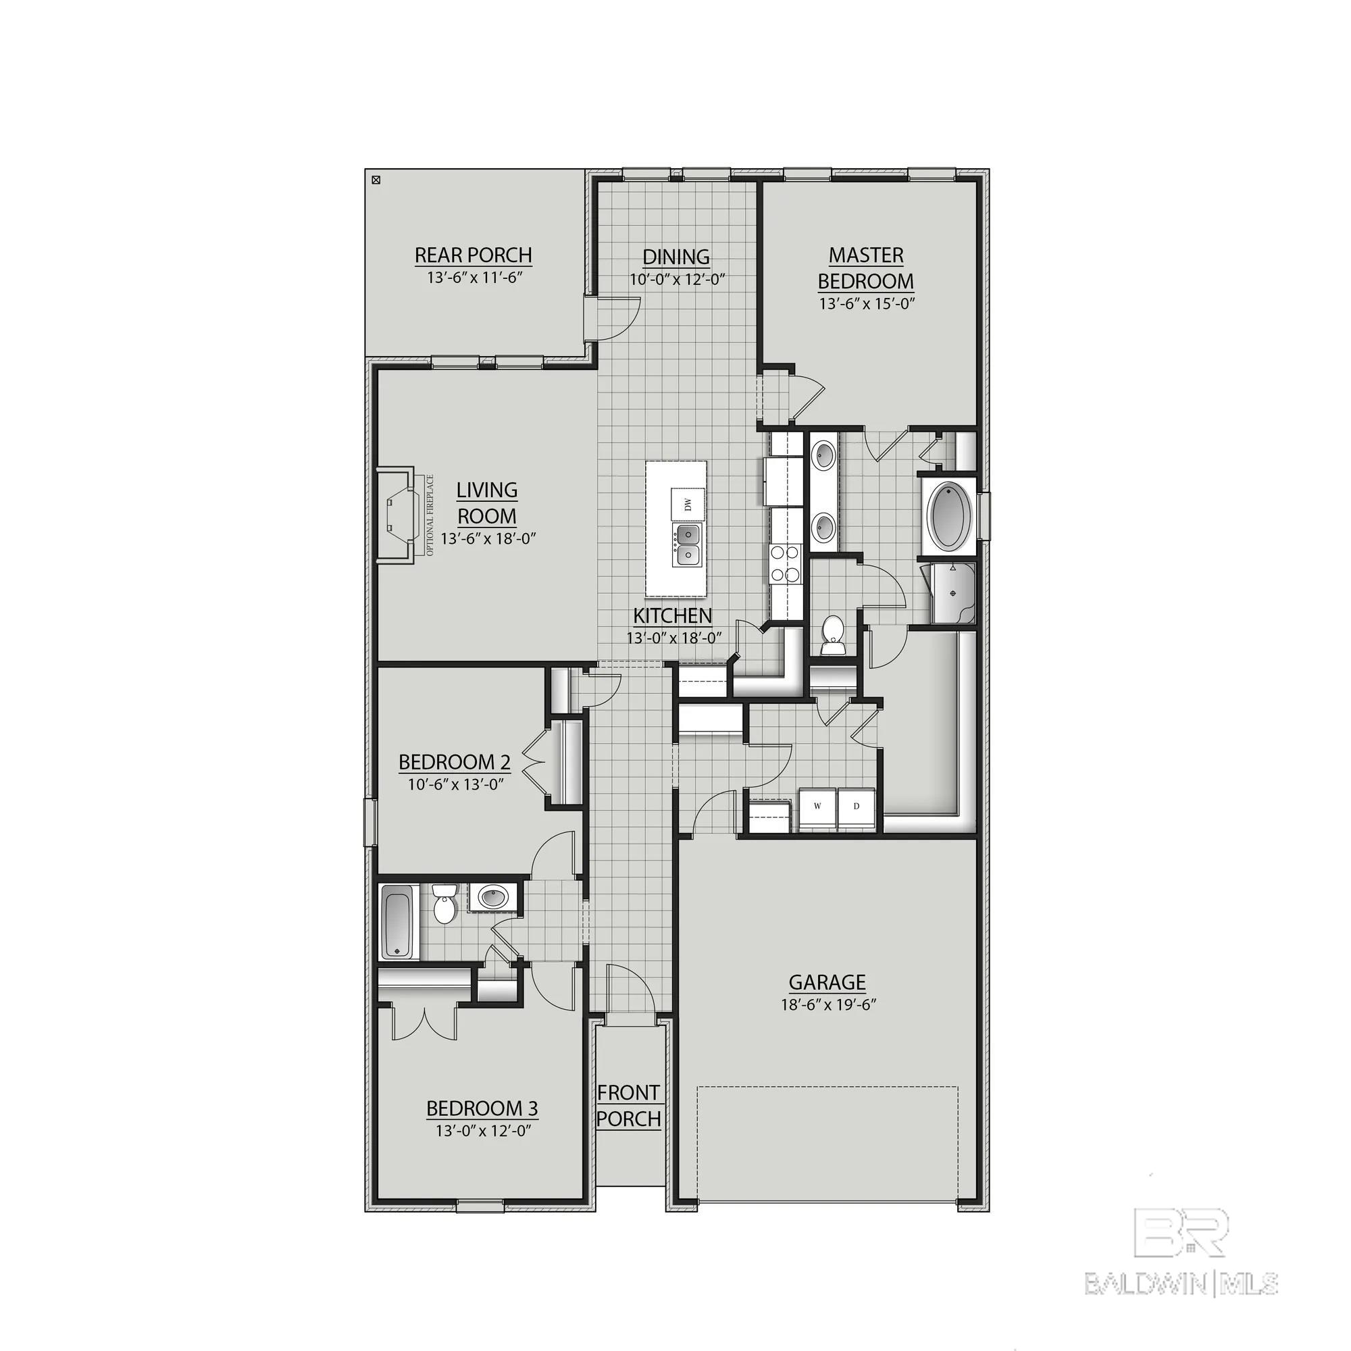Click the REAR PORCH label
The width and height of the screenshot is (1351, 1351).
click(474, 255)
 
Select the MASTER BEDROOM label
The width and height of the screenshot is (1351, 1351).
click(866, 267)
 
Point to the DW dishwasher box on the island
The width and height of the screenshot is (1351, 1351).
click(688, 502)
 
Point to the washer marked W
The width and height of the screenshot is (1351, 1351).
click(817, 807)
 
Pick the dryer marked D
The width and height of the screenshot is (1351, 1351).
click(856, 807)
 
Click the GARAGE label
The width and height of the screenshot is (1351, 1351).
click(827, 982)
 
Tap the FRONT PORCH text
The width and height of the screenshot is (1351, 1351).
click(629, 1106)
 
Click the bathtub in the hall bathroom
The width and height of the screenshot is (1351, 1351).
click(399, 921)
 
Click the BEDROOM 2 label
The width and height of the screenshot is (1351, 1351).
click(455, 761)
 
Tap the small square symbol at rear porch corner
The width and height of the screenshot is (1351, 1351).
click(376, 180)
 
